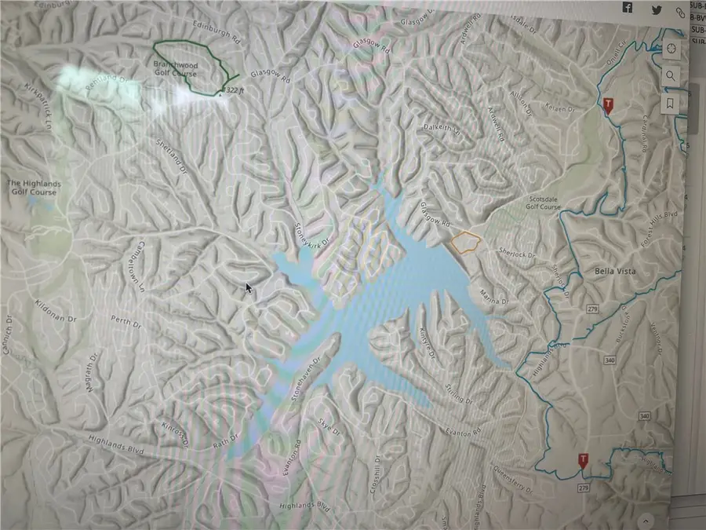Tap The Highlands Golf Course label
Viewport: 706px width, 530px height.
pyautogui.click(x=34, y=188)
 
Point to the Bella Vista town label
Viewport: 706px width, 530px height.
pyautogui.click(x=615, y=271)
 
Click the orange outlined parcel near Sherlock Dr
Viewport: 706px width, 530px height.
pyautogui.click(x=465, y=243)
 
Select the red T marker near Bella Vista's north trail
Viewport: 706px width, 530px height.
pyautogui.click(x=607, y=104)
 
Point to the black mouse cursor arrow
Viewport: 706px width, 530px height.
pyautogui.click(x=249, y=288)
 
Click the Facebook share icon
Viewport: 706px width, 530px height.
pyautogui.click(x=628, y=7)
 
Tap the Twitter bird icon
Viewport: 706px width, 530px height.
pyautogui.click(x=654, y=9)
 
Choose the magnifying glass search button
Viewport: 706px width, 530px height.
pyautogui.click(x=671, y=75)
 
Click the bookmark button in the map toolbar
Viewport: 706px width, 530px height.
pyautogui.click(x=671, y=103)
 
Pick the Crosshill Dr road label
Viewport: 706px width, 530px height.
pyautogui.click(x=377, y=469)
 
